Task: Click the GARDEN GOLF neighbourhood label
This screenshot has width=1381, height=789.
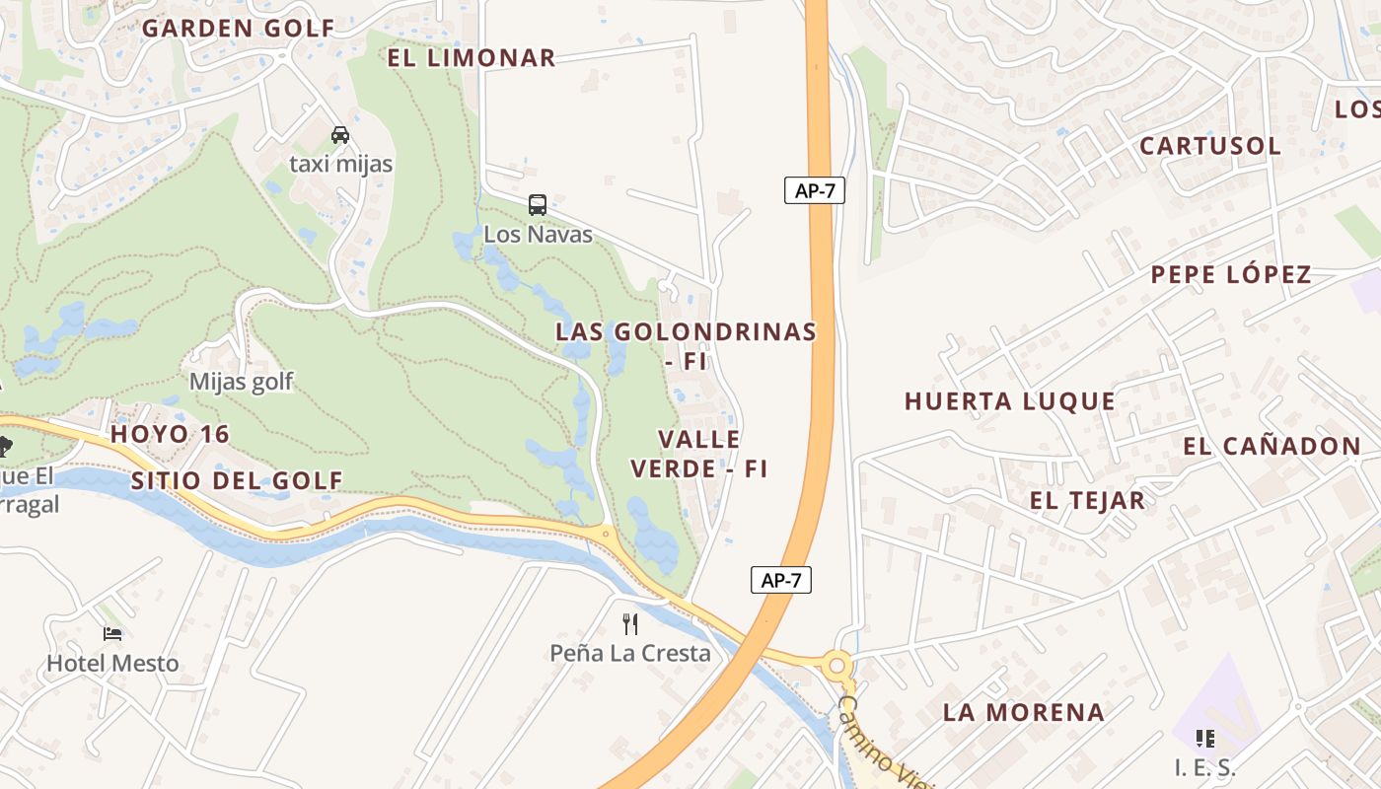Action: click(239, 28)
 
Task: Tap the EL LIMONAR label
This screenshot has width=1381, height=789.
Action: click(472, 58)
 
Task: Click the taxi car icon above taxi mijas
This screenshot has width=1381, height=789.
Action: click(340, 135)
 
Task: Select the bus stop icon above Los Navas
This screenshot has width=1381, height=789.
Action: click(538, 204)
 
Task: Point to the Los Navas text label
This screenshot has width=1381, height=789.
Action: click(538, 235)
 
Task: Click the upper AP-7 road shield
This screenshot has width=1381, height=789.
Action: click(815, 190)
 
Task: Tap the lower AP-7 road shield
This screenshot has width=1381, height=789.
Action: click(781, 580)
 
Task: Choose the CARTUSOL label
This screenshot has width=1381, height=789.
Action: click(1210, 146)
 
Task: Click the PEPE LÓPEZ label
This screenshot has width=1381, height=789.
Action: click(1231, 275)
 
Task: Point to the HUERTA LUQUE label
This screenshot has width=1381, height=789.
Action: click(1010, 401)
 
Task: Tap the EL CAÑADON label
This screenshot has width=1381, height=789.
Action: click(1272, 447)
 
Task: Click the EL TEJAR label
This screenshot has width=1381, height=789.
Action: click(1087, 500)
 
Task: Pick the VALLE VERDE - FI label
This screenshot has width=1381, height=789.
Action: click(699, 454)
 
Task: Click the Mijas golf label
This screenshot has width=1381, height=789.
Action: click(241, 382)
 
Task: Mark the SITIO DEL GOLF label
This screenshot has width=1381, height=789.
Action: click(237, 481)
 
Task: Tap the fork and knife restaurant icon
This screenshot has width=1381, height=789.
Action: click(630, 623)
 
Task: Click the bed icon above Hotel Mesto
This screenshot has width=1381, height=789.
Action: click(112, 633)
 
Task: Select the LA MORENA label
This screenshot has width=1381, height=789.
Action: click(1023, 712)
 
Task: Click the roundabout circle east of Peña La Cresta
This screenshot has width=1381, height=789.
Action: click(837, 667)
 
